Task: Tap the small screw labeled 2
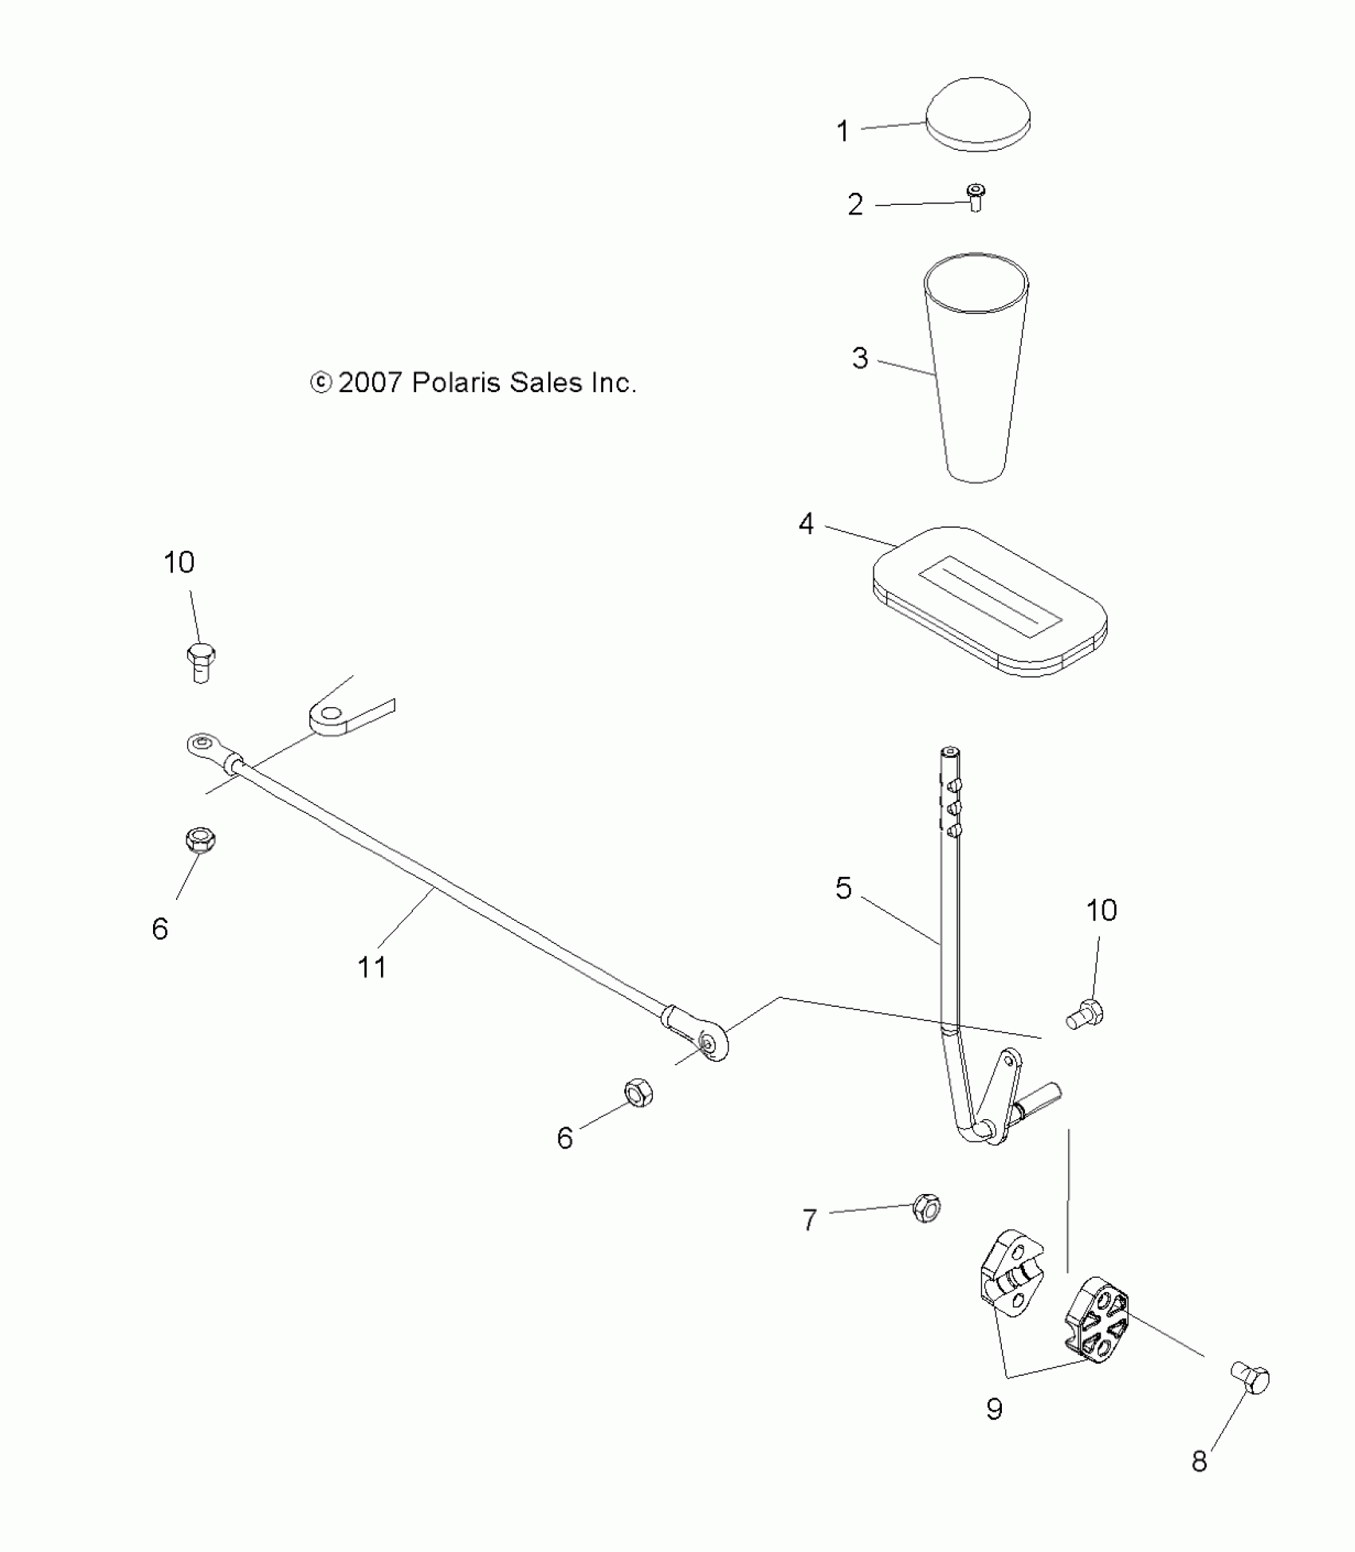[x=974, y=196]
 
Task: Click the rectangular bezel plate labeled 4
[x=990, y=600]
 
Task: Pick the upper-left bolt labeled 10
[x=201, y=662]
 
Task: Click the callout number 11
[x=372, y=967]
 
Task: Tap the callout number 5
[x=844, y=888]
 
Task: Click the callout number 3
[x=860, y=358]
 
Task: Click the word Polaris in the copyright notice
[x=456, y=383]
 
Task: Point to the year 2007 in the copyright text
[x=370, y=383]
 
